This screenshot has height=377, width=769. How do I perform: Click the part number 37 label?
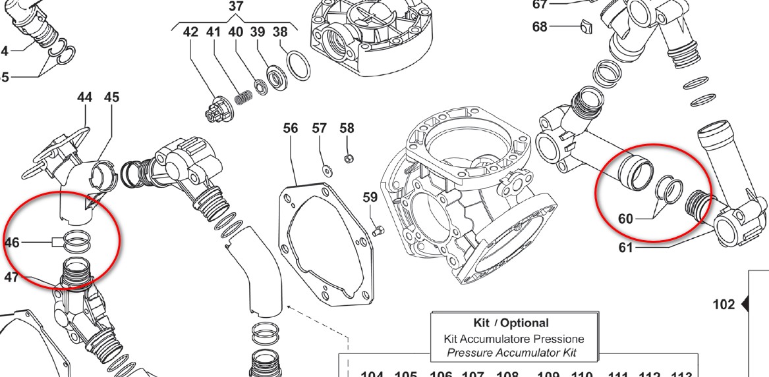coord(236,7)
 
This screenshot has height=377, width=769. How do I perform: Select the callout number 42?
coord(190,32)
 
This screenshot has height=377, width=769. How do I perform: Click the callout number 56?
coord(291,128)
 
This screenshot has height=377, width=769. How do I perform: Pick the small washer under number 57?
coord(327,171)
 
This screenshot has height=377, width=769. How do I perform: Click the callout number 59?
coord(370,197)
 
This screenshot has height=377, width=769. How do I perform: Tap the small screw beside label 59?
coord(378,230)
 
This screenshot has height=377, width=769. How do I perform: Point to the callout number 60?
coord(625,218)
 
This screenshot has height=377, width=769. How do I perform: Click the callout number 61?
coord(625,247)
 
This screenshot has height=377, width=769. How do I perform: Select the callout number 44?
coord(84,97)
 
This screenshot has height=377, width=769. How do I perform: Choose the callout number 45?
coord(111,97)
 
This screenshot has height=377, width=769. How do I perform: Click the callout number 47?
coord(11,277)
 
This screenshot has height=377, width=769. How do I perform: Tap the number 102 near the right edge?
coord(724,305)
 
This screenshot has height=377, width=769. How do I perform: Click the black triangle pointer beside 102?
coord(745,305)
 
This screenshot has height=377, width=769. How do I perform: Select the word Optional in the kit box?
coord(525,323)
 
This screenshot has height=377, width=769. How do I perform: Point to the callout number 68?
coord(540,27)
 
